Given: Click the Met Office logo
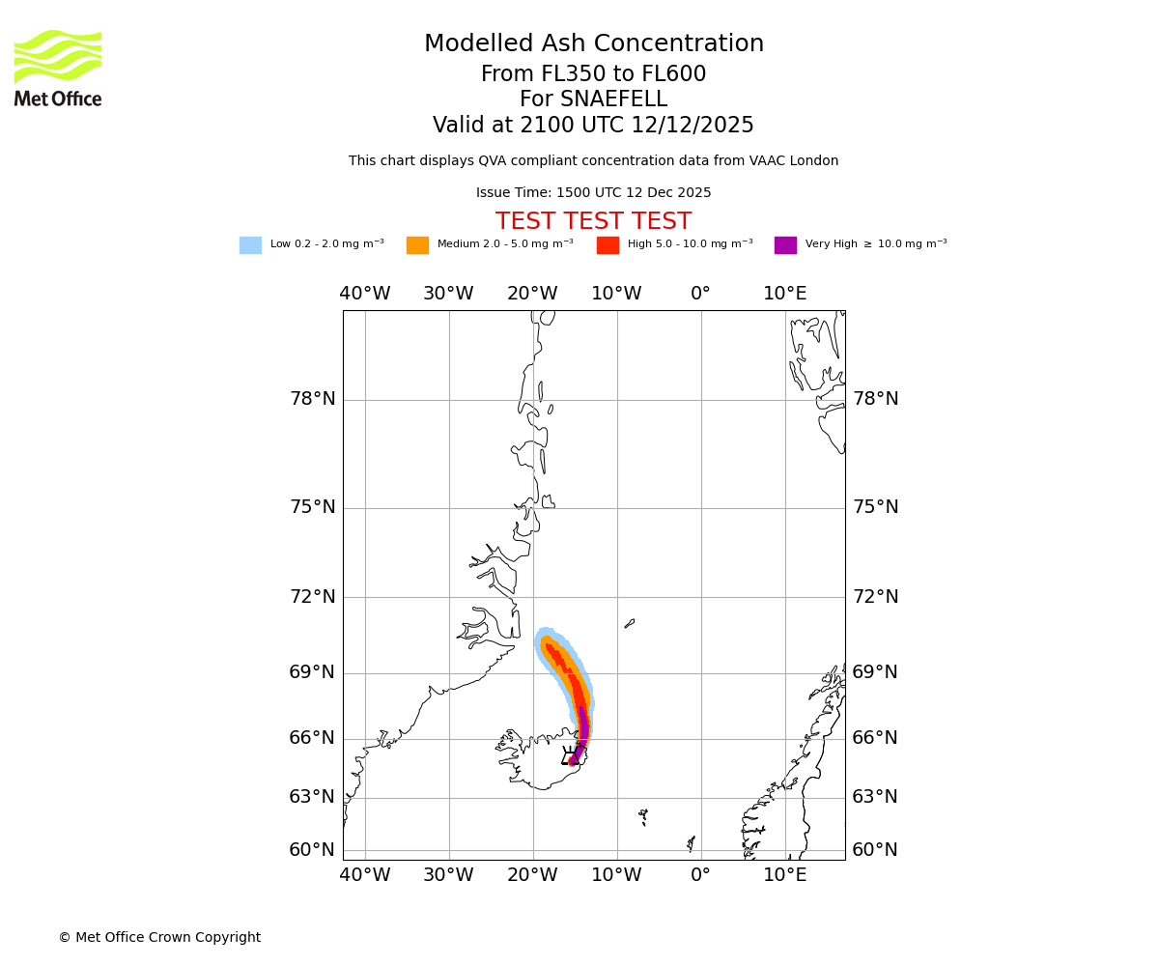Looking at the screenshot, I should (58, 68).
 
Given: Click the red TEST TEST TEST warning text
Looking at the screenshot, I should (593, 221).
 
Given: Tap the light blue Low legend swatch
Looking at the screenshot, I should (250, 245).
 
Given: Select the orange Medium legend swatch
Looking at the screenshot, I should (417, 245).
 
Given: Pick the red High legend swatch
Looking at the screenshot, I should (608, 245).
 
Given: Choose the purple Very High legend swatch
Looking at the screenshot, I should (785, 245).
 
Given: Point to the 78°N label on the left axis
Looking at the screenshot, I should (313, 399).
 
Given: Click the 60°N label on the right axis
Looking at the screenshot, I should (875, 850).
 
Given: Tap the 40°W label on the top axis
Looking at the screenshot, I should (365, 294).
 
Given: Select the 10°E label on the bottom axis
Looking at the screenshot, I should (785, 875).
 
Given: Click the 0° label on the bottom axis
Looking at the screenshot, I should (701, 875).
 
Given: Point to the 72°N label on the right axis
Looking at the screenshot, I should (875, 597).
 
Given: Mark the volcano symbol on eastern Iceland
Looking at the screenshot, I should (571, 754).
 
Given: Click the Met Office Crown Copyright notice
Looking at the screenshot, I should (159, 937).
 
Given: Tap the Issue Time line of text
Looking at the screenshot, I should (593, 193).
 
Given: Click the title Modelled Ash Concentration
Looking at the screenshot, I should (593, 44).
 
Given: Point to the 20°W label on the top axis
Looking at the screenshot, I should (532, 294).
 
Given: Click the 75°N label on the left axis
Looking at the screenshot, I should (313, 507).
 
